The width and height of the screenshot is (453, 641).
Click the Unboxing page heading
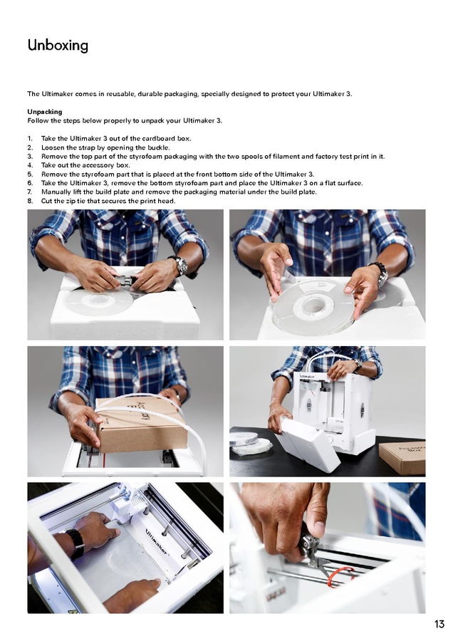point(58,45)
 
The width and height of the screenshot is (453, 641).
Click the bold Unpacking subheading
point(45,112)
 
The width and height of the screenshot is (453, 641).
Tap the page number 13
point(439,624)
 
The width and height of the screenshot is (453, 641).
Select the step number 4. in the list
point(30,165)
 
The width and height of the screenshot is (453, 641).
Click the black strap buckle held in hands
point(124,281)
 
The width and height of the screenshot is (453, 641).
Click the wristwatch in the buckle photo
point(179,266)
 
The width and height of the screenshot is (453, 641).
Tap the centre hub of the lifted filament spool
point(313,305)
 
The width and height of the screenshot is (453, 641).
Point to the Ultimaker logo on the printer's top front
point(308,375)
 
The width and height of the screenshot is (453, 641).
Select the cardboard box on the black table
point(402,457)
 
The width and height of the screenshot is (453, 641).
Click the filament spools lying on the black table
point(250,444)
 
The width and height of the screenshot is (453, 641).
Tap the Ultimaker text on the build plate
point(156,542)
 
